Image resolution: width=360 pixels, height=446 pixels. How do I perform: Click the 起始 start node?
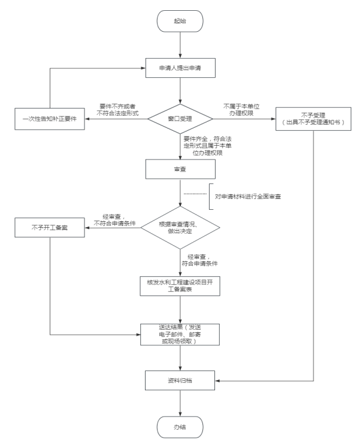tap(180, 22)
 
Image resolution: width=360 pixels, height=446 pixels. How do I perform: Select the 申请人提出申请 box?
tap(180, 68)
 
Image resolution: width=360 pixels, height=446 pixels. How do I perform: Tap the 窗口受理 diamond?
tap(180, 119)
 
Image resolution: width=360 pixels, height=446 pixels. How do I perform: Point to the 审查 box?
tap(180, 169)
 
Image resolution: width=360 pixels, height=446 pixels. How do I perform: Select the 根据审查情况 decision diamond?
tap(180, 228)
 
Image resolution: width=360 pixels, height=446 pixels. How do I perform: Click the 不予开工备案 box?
tap(49, 228)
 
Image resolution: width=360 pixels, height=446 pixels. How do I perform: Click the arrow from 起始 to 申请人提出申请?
tap(180, 44)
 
